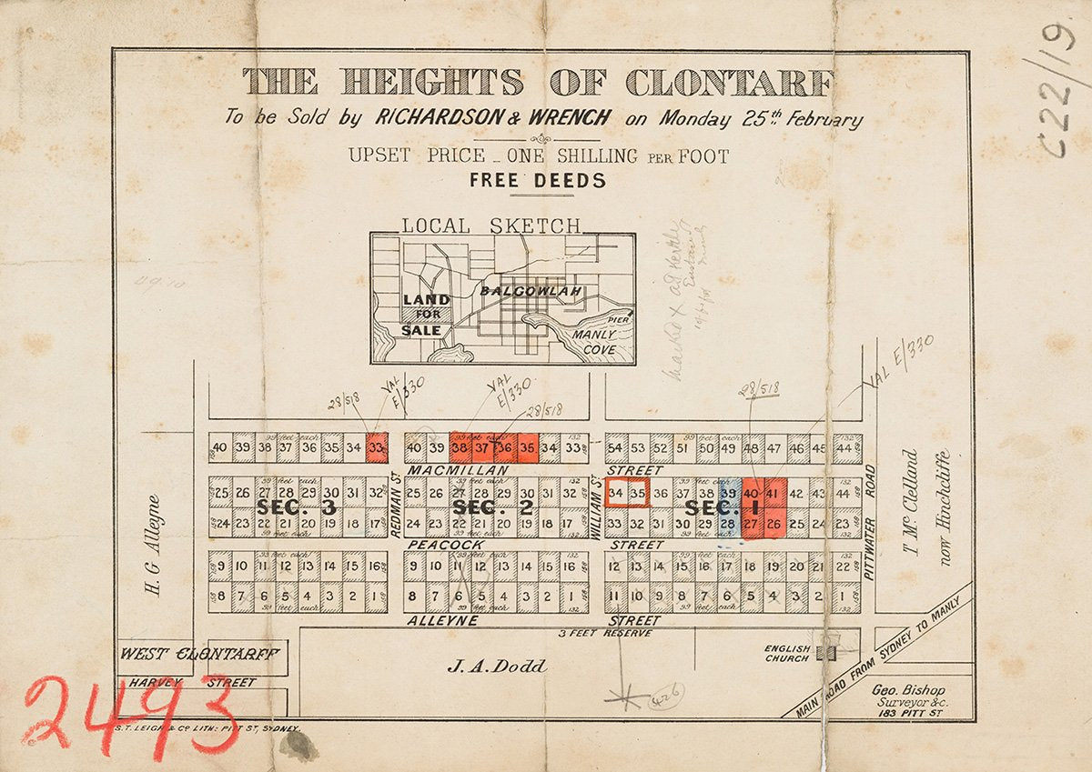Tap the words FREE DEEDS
coord(537,180)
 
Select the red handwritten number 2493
coord(127,714)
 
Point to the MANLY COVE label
coord(593,342)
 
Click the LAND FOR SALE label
coord(425,315)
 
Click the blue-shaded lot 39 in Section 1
coord(728,492)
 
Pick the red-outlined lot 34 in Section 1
coord(616,493)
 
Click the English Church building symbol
coord(827,653)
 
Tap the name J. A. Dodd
coord(497,667)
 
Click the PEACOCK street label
coord(445,544)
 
